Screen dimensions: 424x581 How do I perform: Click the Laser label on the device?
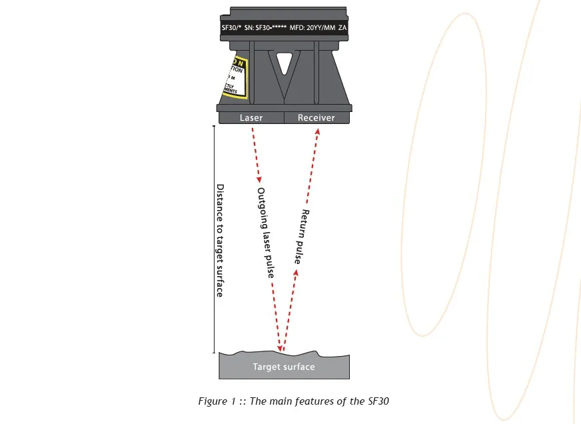click(251, 118)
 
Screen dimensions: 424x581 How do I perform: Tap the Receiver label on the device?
click(316, 118)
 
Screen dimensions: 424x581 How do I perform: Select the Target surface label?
click(283, 367)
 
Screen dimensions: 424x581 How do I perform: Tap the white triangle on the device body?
click(285, 63)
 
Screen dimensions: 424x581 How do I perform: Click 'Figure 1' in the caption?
click(215, 401)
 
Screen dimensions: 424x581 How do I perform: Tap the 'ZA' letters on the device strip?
click(342, 29)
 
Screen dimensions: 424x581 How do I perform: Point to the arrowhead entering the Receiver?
click(317, 131)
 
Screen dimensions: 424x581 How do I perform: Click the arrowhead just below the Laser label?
click(259, 180)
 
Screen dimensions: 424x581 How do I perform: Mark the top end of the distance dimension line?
click(213, 125)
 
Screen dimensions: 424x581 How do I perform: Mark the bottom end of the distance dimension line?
click(213, 352)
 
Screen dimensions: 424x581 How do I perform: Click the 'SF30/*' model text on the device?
click(231, 29)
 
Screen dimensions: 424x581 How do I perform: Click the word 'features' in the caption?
click(316, 401)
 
